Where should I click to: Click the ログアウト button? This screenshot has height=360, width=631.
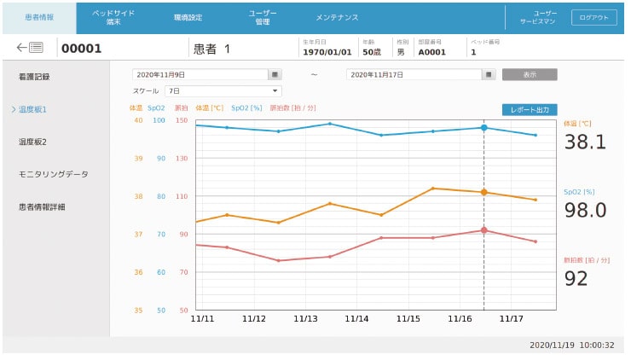tap(593, 18)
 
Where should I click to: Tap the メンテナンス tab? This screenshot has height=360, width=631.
tap(337, 18)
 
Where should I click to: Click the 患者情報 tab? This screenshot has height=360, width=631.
tap(38, 18)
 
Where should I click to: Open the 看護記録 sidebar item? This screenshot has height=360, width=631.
tap(34, 77)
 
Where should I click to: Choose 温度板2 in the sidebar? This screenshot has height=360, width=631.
tap(32, 142)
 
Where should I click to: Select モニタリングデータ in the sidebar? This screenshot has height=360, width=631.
tap(53, 174)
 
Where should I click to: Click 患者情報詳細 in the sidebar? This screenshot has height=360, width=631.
tap(42, 206)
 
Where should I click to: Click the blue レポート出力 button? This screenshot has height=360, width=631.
tap(530, 110)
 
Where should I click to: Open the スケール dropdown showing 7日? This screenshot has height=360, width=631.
tap(223, 90)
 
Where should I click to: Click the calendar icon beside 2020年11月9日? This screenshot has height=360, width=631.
tap(274, 74)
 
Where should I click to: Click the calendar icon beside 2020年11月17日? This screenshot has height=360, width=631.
tap(489, 74)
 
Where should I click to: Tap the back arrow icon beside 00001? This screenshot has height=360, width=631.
tap(30, 48)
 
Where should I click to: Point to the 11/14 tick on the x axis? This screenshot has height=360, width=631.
tap(356, 318)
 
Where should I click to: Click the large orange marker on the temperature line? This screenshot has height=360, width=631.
tap(483, 192)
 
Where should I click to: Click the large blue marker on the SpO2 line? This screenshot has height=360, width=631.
tap(483, 128)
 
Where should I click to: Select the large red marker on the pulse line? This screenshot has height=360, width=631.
tap(483, 230)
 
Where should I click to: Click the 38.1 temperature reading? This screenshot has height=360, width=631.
tap(585, 142)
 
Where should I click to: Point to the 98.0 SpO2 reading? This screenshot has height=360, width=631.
tap(585, 210)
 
